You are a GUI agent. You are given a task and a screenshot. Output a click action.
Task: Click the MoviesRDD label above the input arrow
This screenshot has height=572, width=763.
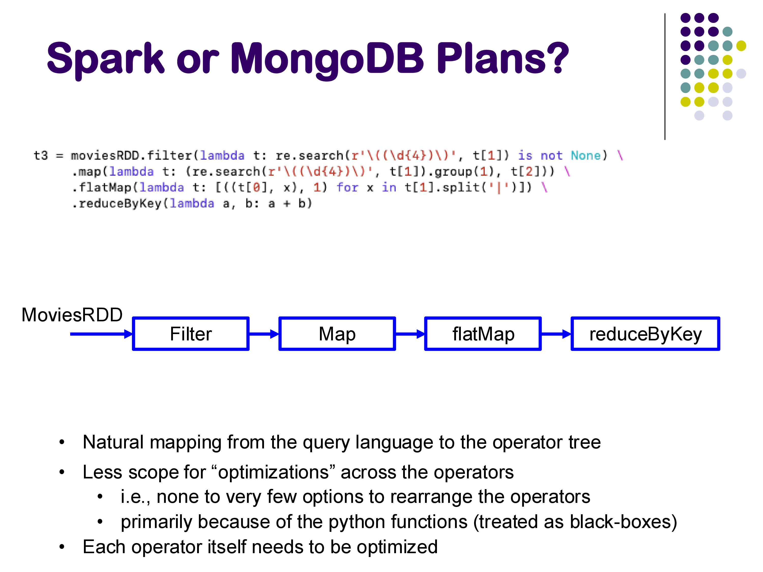[72, 315]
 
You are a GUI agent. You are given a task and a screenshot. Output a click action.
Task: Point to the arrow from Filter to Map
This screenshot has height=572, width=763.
[264, 334]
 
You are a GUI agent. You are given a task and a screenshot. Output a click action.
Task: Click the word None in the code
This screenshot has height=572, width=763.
[586, 156]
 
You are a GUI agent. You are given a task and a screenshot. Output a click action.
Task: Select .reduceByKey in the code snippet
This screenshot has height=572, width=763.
[116, 203]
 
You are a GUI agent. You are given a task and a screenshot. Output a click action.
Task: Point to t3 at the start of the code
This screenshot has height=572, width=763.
[41, 156]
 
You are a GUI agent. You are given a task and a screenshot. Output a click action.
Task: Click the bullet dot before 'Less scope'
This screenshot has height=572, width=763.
[62, 472]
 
